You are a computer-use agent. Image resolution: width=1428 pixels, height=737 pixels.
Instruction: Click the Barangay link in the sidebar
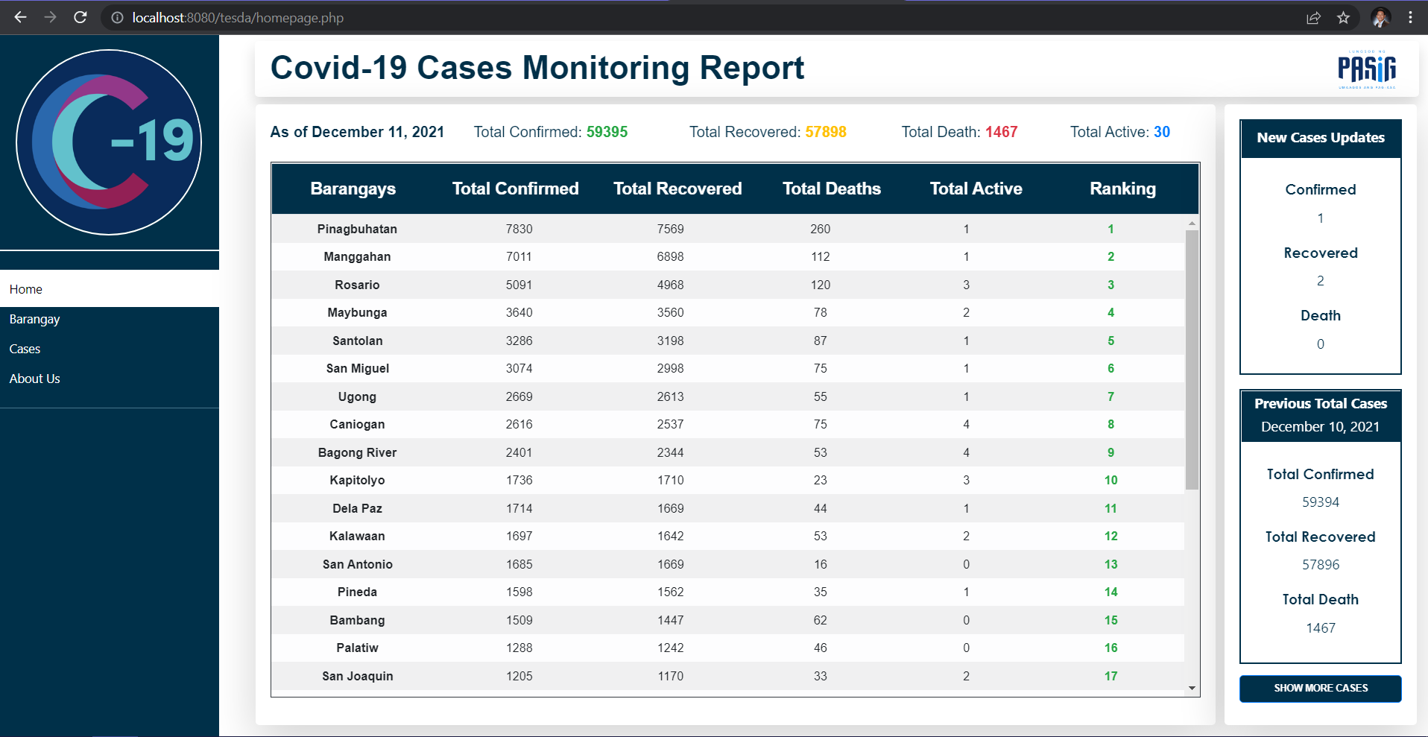tap(34, 319)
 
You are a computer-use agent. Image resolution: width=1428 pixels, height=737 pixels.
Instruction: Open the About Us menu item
tap(34, 379)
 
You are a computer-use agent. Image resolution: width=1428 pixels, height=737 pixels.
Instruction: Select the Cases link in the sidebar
tap(25, 349)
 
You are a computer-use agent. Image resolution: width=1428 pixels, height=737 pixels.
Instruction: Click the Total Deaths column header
tap(831, 189)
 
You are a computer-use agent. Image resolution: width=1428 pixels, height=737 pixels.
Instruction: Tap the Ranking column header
tap(1122, 189)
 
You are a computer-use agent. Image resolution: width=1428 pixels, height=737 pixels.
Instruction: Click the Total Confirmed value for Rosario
tap(519, 285)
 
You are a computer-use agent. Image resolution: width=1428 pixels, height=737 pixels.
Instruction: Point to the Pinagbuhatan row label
tap(357, 229)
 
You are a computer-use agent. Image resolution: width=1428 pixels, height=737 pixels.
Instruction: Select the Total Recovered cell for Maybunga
tap(670, 312)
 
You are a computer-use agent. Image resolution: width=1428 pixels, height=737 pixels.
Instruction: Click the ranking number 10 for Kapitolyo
tap(1111, 480)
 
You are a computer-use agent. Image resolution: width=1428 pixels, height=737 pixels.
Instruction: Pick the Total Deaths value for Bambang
tap(820, 620)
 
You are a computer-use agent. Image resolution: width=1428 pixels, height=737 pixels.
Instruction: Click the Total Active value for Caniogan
tap(966, 424)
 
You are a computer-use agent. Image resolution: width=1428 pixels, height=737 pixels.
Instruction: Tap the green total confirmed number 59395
tap(607, 132)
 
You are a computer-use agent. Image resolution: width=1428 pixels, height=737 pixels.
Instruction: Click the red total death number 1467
tap(1001, 132)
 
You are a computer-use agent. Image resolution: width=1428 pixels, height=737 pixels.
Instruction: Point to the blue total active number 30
tap(1162, 132)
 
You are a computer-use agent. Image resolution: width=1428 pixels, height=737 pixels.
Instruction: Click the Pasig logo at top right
tap(1367, 69)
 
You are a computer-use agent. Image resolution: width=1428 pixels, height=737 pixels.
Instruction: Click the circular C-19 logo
tap(109, 142)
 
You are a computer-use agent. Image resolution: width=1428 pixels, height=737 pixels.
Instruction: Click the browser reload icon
tap(80, 17)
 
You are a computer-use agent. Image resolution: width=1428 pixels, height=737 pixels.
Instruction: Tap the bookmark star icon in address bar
tap(1343, 17)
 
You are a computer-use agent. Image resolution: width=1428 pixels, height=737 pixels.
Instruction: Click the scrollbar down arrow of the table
tap(1192, 689)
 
